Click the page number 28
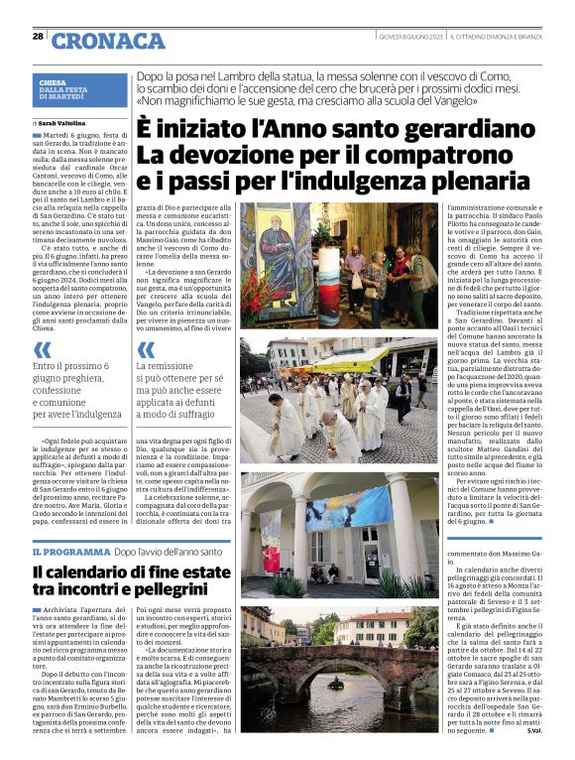(38, 36)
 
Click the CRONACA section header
(108, 41)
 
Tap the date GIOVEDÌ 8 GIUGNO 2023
(409, 37)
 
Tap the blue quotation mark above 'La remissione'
(146, 349)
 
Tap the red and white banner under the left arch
(270, 542)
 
